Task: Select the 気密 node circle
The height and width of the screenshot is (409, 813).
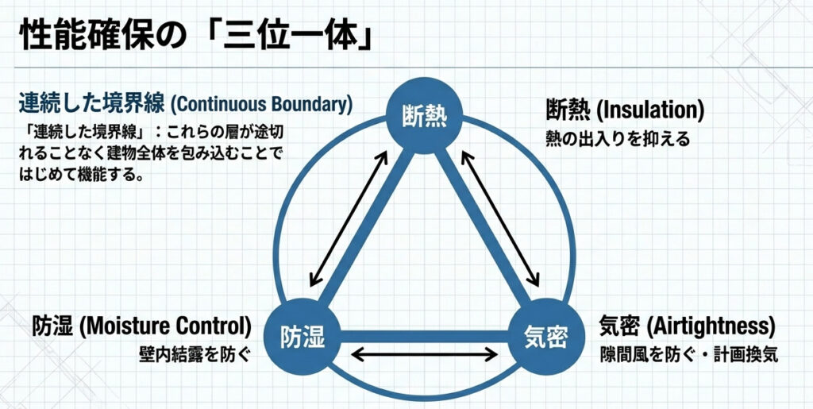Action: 545,336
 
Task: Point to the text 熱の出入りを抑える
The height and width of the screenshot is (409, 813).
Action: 618,138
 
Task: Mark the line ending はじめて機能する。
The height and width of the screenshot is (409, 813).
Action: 79,175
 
